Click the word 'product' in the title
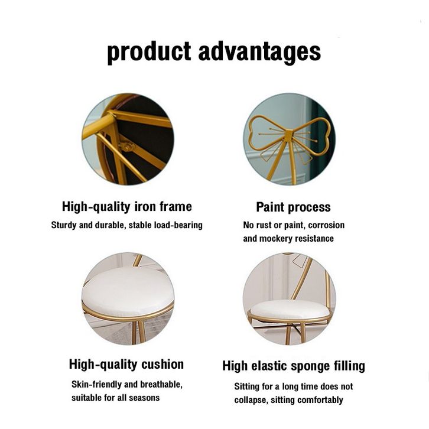[x=149, y=52]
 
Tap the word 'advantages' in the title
[x=259, y=52]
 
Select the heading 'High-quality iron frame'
[x=127, y=207]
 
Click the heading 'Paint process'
[x=293, y=207]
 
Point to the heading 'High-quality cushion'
[x=126, y=365]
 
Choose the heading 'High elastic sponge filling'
[x=294, y=366]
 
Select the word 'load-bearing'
[x=178, y=225]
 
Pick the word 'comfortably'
[x=320, y=400]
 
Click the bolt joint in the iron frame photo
[x=126, y=147]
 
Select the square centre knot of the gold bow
[x=288, y=135]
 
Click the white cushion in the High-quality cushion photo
[x=128, y=292]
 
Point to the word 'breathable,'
[x=161, y=385]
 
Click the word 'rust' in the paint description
[x=264, y=226]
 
